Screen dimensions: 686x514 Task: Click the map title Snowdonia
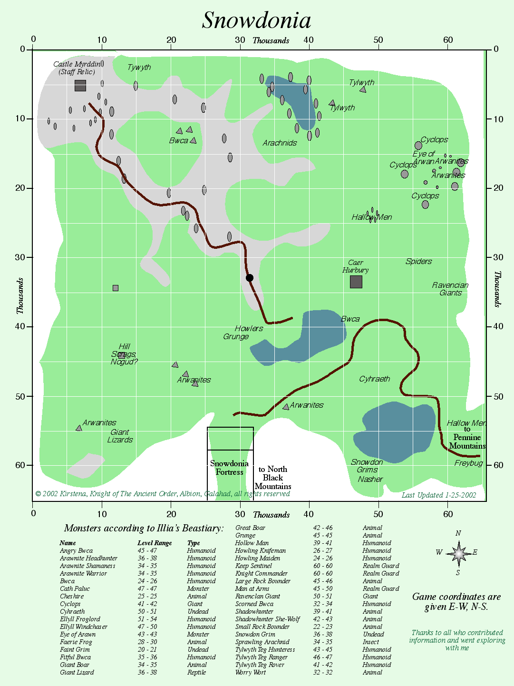[x=256, y=20]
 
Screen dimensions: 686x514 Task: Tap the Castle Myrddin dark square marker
[x=80, y=86]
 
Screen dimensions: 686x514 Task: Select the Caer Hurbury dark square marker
[x=356, y=282]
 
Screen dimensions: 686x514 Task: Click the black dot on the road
[x=250, y=278]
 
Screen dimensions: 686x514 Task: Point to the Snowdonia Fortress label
[x=229, y=468]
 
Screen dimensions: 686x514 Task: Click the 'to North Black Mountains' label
[x=272, y=478]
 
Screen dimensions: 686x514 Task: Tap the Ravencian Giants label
[x=450, y=289]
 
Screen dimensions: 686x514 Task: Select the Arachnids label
[x=280, y=143]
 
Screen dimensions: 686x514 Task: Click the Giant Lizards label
[x=120, y=436]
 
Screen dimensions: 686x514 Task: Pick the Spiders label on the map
[x=418, y=261]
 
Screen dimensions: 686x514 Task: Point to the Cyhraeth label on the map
[x=374, y=379]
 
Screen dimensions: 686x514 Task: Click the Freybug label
[x=468, y=463]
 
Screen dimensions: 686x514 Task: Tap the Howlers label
[x=249, y=328]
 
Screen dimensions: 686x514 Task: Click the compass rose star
[x=458, y=553]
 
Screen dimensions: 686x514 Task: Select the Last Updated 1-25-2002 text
[x=438, y=495]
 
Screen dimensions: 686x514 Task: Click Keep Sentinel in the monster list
[x=253, y=566]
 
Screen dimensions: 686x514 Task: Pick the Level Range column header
[x=155, y=543]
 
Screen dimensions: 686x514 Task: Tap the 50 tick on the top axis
[x=378, y=40]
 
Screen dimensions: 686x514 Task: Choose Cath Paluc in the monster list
[x=75, y=588]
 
